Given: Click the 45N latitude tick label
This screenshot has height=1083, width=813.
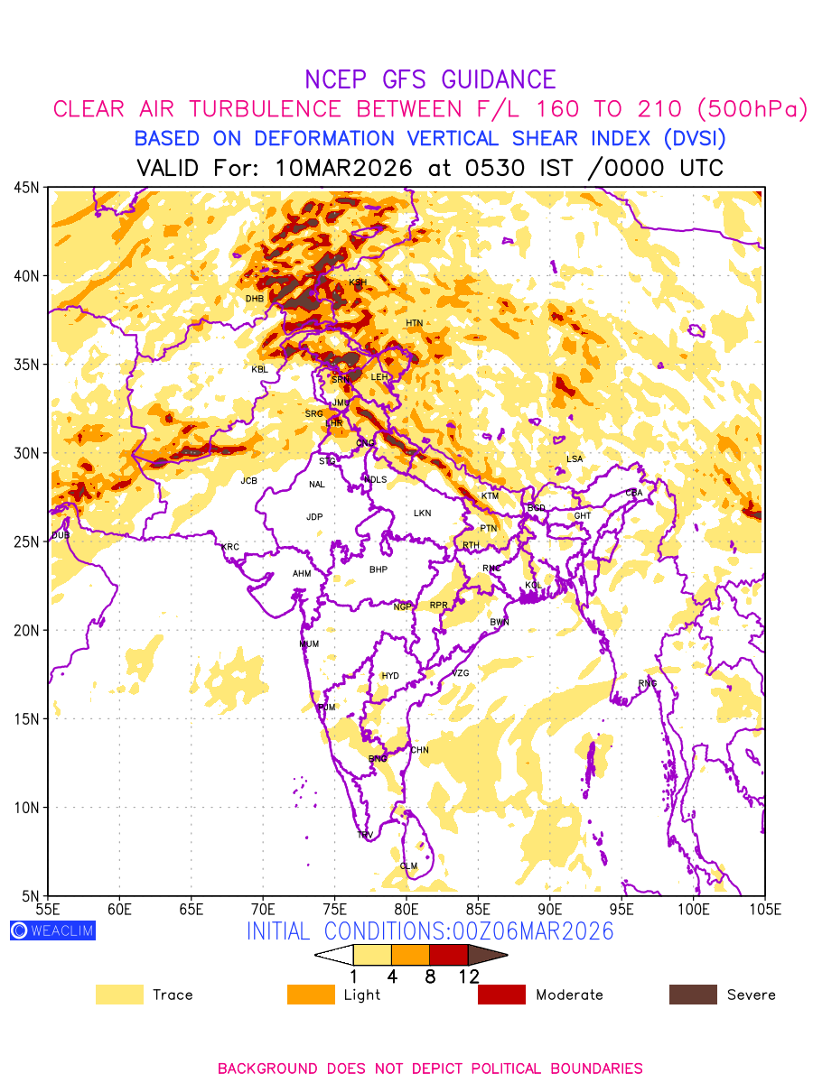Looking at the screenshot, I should pyautogui.click(x=26, y=188).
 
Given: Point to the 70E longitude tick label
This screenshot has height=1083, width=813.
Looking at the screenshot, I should pyautogui.click(x=263, y=907).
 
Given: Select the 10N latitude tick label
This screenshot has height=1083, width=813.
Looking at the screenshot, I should pyautogui.click(x=26, y=808).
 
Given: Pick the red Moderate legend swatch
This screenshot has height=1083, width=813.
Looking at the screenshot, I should pyautogui.click(x=501, y=995).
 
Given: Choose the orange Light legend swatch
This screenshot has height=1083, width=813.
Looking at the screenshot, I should pyautogui.click(x=311, y=995).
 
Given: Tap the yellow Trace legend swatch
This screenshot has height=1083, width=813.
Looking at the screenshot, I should pyautogui.click(x=119, y=995).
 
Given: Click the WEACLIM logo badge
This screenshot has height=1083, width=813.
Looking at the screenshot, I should pyautogui.click(x=52, y=930).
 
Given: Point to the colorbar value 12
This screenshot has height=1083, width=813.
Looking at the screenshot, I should pyautogui.click(x=468, y=976).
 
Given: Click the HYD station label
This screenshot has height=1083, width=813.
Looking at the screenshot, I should pyautogui.click(x=390, y=676).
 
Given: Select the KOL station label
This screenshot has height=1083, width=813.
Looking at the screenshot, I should pyautogui.click(x=533, y=586).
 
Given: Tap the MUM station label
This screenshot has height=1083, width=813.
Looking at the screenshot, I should pyautogui.click(x=309, y=644).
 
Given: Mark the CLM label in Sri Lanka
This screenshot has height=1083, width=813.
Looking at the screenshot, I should pyautogui.click(x=408, y=866).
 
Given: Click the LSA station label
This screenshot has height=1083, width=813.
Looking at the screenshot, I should pyautogui.click(x=575, y=459).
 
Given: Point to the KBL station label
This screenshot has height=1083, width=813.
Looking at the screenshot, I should pyautogui.click(x=260, y=369).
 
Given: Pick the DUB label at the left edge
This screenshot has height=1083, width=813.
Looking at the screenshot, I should pyautogui.click(x=61, y=535).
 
